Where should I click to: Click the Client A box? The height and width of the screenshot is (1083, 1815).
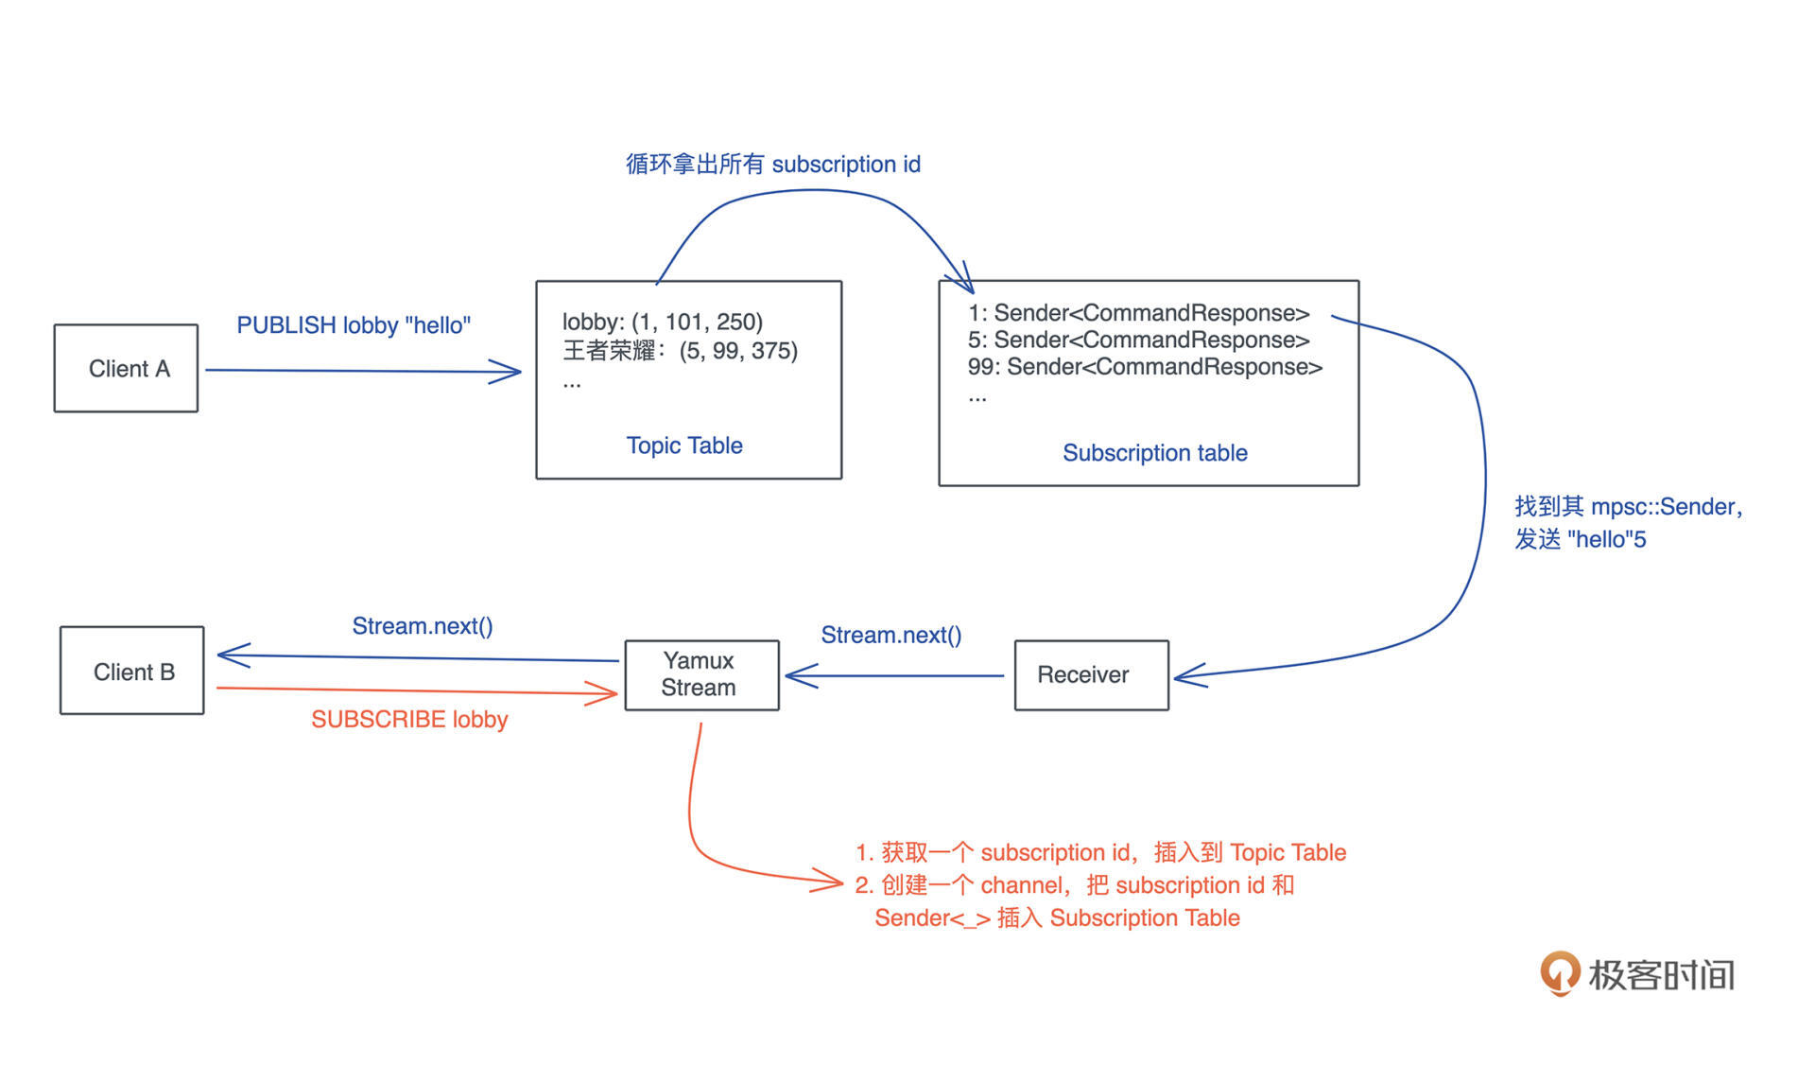(126, 368)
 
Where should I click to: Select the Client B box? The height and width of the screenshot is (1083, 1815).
(132, 671)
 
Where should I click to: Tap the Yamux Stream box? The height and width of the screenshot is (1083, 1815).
(701, 674)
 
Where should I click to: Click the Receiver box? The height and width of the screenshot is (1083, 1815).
(1091, 674)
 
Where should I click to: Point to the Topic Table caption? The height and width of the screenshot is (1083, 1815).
(684, 445)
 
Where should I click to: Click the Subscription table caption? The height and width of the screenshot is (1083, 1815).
(1154, 453)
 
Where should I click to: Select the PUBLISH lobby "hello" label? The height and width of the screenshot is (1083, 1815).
(354, 325)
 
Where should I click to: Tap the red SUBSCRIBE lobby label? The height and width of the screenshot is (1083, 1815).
(409, 720)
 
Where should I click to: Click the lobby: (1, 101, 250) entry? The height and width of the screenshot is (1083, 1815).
(663, 322)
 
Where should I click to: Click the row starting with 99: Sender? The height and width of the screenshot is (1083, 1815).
(1145, 367)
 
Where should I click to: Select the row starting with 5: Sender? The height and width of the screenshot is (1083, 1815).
(1138, 340)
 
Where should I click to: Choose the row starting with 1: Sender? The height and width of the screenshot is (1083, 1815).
(1138, 313)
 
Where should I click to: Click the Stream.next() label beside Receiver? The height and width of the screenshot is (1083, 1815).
(890, 635)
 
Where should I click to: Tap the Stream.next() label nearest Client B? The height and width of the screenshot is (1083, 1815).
(423, 626)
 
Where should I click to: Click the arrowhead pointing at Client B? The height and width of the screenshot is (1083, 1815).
(231, 655)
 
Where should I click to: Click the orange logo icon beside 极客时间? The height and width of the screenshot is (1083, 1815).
(1560, 972)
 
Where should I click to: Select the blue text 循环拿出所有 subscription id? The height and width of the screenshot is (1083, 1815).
(772, 165)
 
